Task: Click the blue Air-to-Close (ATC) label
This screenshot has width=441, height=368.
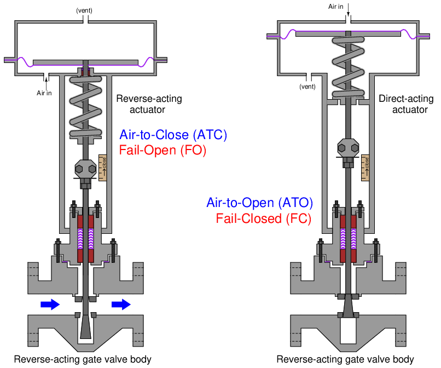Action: pos(173,135)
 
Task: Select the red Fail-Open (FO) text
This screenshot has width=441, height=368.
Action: pos(163,150)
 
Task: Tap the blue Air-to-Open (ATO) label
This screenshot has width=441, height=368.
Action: pos(259,203)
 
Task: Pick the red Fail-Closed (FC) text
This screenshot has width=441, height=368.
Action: pos(264,219)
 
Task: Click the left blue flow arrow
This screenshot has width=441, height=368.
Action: pos(50,304)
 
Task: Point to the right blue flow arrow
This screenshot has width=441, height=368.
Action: pos(121,304)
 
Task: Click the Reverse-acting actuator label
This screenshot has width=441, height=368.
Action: pos(149,104)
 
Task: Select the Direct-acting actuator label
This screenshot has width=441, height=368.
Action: pos(406,104)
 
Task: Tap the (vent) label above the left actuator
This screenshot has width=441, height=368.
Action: pos(84,10)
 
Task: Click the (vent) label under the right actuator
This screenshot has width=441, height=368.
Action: pos(307,87)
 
